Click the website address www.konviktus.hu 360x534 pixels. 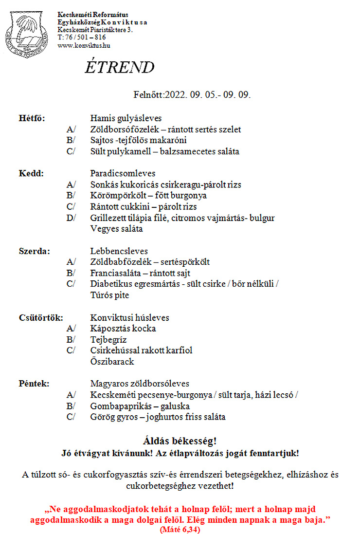coord(83,45)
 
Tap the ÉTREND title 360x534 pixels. coord(120,68)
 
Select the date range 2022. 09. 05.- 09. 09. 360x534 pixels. coord(208,94)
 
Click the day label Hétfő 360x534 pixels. coord(32,118)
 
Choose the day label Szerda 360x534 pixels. coord(34,251)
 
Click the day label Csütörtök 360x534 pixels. coord(40,318)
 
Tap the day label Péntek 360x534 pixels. coord(34,384)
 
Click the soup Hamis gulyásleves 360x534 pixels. coord(126,118)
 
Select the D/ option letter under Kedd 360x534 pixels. coord(71,218)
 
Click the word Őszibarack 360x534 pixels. coord(112,362)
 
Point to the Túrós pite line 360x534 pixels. coord(110,295)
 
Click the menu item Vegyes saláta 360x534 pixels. coord(117,229)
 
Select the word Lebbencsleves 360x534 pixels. coord(119,251)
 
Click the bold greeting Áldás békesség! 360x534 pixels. coord(180,441)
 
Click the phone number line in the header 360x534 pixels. coord(81,37)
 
